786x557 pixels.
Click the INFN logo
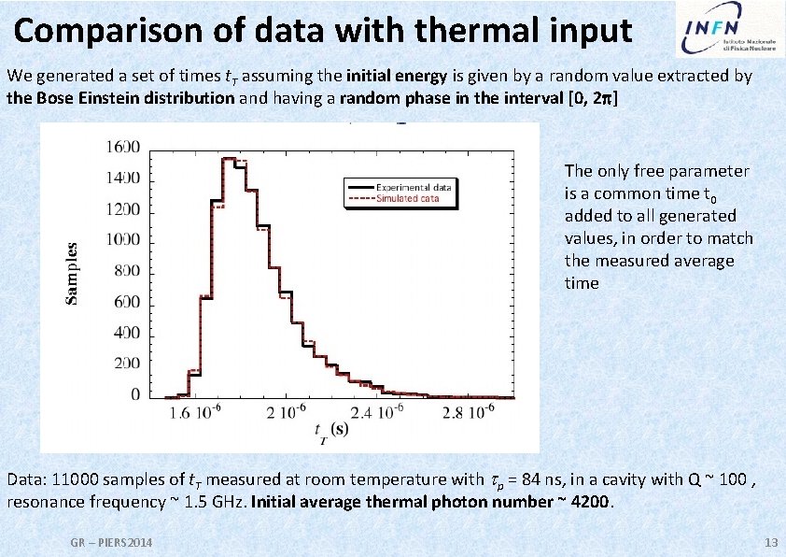pyautogui.click(x=727, y=31)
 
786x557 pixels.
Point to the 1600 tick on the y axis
pyautogui.click(x=123, y=147)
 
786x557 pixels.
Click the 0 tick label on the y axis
pyautogui.click(x=135, y=395)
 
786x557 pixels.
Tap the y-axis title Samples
pyautogui.click(x=72, y=271)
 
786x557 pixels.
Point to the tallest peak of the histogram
pyautogui.click(x=232, y=159)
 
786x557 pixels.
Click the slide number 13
pyautogui.click(x=770, y=543)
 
